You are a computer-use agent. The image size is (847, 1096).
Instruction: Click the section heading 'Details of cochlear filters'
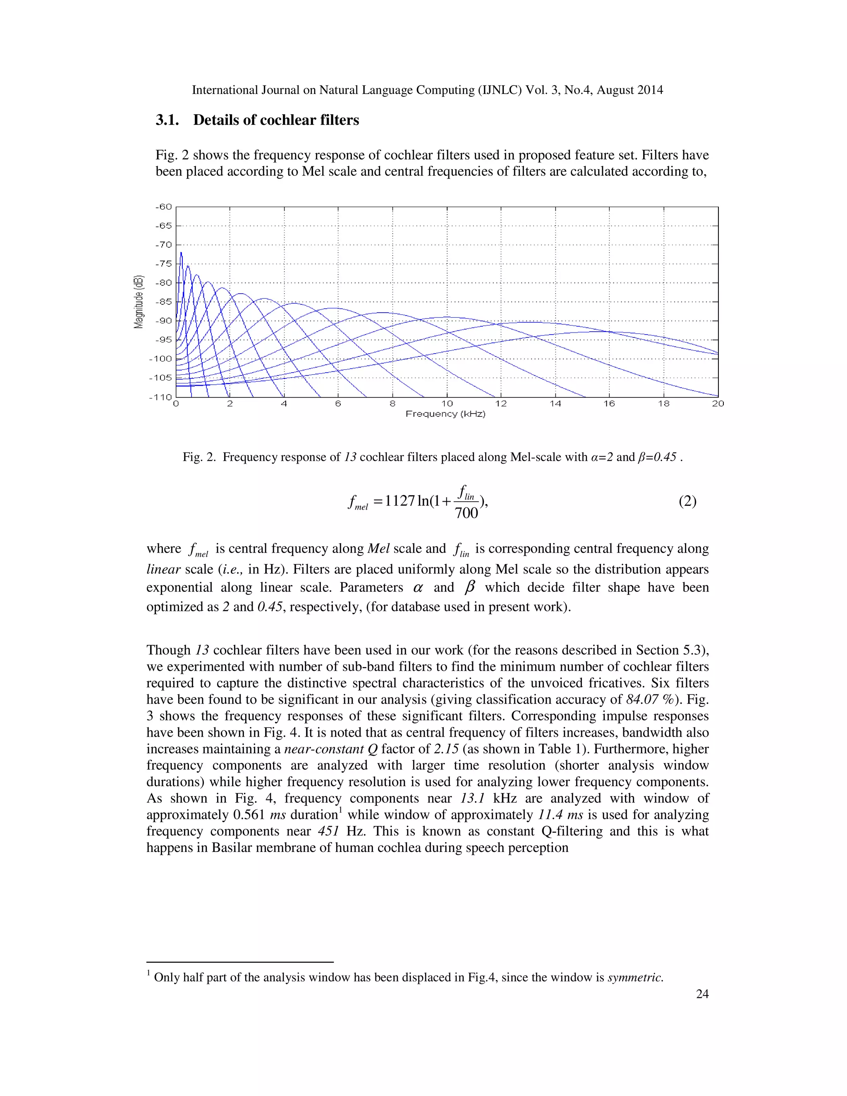pos(276,120)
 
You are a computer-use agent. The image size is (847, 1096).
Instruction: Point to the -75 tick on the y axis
pos(164,263)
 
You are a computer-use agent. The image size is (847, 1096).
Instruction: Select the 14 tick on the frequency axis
pos(555,404)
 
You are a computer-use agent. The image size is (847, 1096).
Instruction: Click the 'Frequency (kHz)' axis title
pos(445,414)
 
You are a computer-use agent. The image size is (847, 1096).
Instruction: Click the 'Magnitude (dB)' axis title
pos(139,302)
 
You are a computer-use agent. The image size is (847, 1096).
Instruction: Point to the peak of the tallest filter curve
pos(181,252)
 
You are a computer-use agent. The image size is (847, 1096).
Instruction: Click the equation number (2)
pos(687,501)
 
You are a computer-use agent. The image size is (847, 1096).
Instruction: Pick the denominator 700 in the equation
pos(466,513)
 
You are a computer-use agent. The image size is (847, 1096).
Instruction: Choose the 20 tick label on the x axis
pos(718,404)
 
